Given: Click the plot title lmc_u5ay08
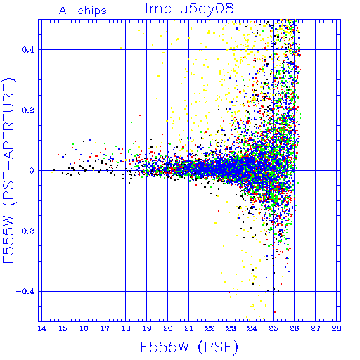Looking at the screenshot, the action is pos(189,9).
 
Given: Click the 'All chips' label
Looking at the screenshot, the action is pos(83,11).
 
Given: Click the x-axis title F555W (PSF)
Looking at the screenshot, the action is pos(189,347).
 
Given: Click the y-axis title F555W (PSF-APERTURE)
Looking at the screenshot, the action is pos(9,170).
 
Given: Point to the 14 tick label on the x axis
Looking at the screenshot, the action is pos(41,328).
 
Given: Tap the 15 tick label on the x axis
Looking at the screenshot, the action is pos(63,328).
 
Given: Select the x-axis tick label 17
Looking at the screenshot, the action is pos(105,328).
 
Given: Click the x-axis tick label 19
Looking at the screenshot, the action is pos(147,328).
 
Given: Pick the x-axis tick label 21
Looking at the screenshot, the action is pos(189,328).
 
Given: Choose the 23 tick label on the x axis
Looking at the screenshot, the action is pos(231,328).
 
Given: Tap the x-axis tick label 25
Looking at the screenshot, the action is pos(273,328).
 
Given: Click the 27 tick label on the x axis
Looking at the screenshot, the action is pos(315,328).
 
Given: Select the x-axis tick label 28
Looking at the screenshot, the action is pos(336,328).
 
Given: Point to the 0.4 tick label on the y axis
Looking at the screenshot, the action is pos(28,50).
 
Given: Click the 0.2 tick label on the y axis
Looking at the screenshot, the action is pos(28,110).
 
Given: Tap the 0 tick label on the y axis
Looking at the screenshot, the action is pos(32,170).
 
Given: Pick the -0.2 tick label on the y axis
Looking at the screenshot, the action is pos(25,231).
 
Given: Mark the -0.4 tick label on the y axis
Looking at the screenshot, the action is pos(25,292).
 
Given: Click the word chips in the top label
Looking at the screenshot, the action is pos(92,11).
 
